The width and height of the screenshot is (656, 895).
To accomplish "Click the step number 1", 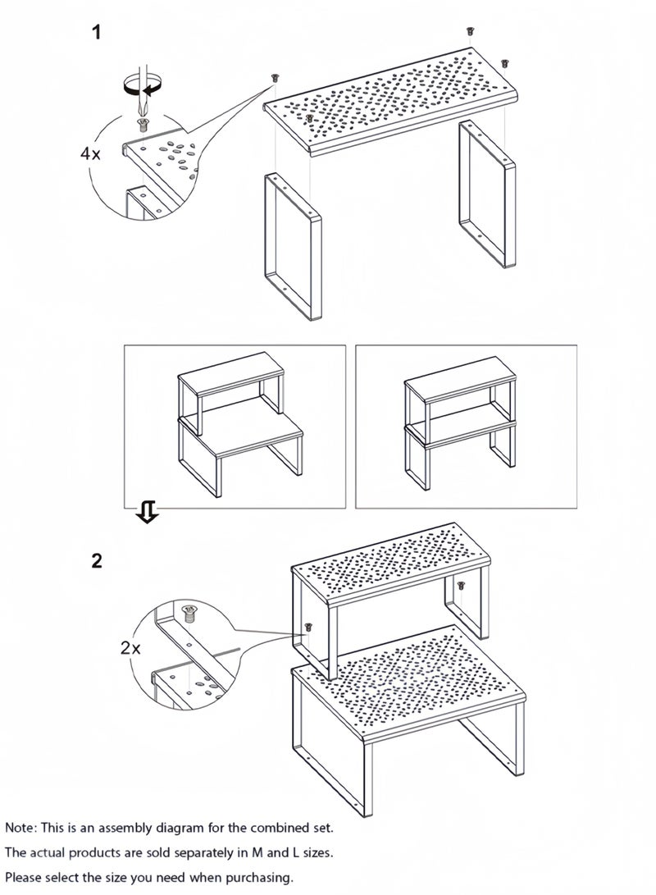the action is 97,32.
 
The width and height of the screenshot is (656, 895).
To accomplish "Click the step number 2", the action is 97,560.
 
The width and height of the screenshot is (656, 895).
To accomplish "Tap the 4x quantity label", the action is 90,153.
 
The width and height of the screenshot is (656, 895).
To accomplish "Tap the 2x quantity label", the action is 130,648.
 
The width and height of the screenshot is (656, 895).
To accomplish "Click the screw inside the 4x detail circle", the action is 142,125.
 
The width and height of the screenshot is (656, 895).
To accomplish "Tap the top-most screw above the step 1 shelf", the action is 470,31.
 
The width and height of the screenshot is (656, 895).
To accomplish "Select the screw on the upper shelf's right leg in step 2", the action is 461,585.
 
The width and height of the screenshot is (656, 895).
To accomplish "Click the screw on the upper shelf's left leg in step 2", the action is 308,627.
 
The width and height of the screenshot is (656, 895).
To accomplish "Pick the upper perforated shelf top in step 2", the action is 391,562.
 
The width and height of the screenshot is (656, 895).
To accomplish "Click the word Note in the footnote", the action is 20,827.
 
